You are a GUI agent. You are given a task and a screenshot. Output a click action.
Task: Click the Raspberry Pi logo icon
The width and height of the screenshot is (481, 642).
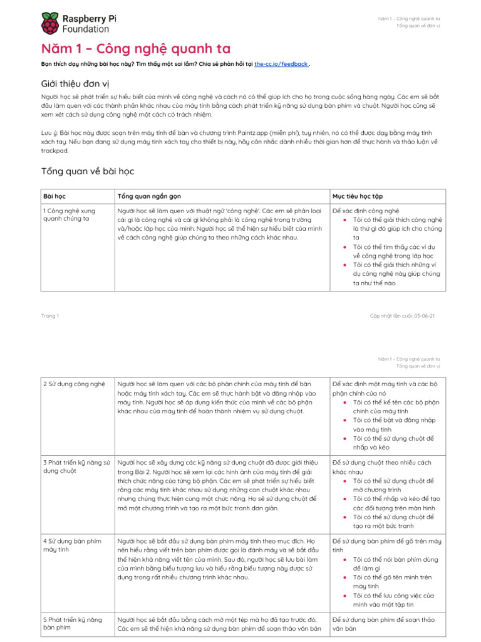tap(50, 23)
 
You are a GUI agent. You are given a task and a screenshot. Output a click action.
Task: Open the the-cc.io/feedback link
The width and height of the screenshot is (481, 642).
tap(281, 64)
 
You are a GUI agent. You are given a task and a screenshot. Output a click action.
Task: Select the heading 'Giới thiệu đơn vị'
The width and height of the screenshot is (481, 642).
tap(76, 83)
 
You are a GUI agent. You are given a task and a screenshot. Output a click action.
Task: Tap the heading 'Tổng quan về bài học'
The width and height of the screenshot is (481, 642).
tap(88, 171)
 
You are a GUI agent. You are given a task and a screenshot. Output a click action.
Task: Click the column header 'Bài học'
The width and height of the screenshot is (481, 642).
tap(54, 196)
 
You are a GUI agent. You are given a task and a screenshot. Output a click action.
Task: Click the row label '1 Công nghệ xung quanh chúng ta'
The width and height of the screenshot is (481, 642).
tap(70, 214)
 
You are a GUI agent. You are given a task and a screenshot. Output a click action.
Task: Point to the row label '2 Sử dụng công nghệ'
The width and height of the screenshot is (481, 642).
tap(74, 383)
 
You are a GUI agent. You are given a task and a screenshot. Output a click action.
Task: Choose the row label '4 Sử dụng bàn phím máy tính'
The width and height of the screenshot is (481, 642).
tap(72, 544)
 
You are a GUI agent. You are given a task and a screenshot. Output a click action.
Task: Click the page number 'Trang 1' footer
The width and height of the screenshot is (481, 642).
tap(50, 315)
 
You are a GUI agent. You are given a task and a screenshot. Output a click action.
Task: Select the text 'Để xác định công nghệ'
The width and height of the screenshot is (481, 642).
tap(366, 211)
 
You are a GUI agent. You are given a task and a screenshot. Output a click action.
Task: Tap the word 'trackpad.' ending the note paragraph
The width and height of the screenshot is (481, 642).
tap(55, 150)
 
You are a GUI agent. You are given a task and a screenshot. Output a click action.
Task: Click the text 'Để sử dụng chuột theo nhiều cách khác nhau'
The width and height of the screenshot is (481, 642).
tap(381, 466)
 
